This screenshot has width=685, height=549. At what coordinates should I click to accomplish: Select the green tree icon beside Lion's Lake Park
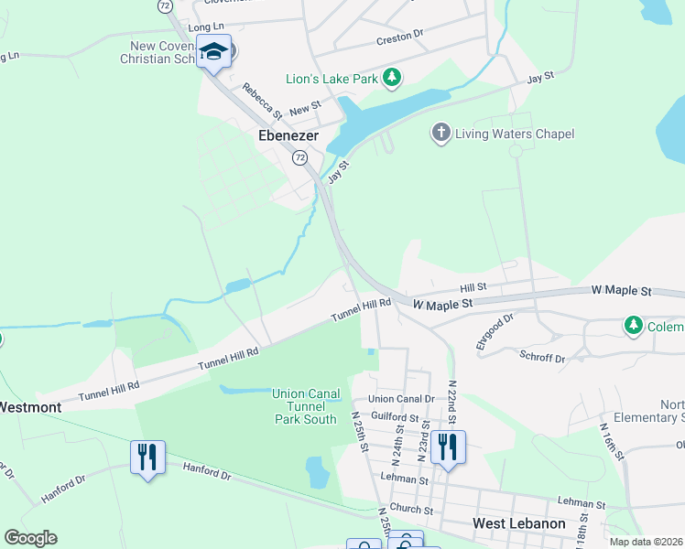(x=392, y=77)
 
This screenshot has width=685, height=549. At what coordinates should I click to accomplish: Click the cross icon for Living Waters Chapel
(x=440, y=134)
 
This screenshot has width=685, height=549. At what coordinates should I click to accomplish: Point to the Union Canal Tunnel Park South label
(x=306, y=406)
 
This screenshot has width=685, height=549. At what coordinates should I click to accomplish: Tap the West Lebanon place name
(x=518, y=523)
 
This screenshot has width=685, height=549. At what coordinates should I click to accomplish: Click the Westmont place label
(x=29, y=406)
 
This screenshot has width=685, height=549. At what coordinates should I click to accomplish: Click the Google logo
(x=30, y=538)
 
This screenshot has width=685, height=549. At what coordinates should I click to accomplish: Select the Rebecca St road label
(x=261, y=102)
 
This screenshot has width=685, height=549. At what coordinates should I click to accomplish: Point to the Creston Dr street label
(x=400, y=38)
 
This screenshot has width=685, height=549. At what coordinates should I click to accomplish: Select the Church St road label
(x=410, y=510)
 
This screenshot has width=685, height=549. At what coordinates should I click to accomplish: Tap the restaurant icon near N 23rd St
(x=449, y=448)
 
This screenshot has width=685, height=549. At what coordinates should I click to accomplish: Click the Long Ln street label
(x=205, y=27)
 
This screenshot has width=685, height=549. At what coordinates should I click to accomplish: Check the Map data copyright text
(x=645, y=542)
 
